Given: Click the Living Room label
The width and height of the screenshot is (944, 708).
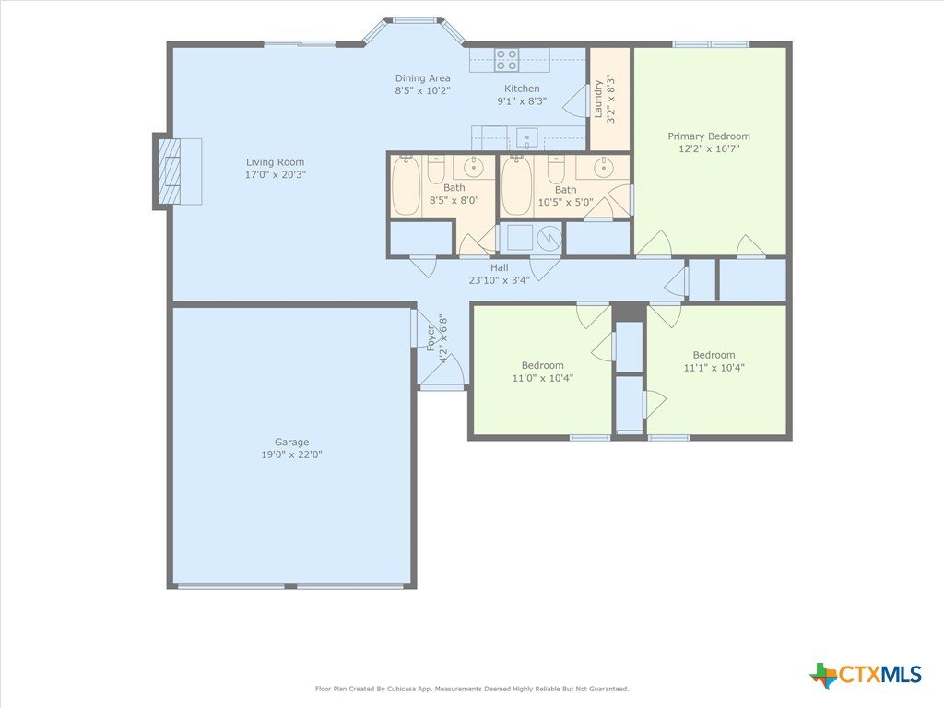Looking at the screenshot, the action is [275, 162].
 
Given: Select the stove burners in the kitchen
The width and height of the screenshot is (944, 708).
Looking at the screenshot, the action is [506, 60].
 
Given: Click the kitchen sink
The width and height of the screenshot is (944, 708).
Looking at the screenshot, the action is [526, 138].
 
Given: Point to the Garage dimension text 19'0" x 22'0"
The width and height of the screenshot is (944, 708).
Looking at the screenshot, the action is [291, 454].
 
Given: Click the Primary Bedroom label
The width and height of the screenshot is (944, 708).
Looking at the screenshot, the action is [709, 136].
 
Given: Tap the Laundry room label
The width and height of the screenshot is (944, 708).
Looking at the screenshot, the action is [598, 99].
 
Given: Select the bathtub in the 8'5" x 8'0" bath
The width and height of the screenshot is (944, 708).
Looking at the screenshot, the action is [407, 186].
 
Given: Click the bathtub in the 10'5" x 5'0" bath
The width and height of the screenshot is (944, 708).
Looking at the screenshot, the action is [516, 186].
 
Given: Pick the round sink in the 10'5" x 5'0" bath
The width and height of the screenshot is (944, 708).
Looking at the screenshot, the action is [603, 168].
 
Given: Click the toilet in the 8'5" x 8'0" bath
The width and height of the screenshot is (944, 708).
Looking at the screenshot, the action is [436, 170].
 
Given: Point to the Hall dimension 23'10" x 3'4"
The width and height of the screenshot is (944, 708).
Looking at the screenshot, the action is [499, 280].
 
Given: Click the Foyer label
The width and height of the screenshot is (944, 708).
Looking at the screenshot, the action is [431, 338].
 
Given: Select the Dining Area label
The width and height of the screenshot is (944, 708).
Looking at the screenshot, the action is [422, 78].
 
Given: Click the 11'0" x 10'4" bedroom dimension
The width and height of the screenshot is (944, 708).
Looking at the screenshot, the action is [542, 378].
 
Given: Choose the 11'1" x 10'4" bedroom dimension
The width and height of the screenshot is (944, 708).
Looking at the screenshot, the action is [714, 368].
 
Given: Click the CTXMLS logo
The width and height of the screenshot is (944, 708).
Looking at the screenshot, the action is [866, 675].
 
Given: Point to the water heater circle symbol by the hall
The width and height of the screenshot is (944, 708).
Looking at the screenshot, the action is [549, 239].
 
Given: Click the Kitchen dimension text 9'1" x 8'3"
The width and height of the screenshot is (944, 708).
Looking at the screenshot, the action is [522, 101].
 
